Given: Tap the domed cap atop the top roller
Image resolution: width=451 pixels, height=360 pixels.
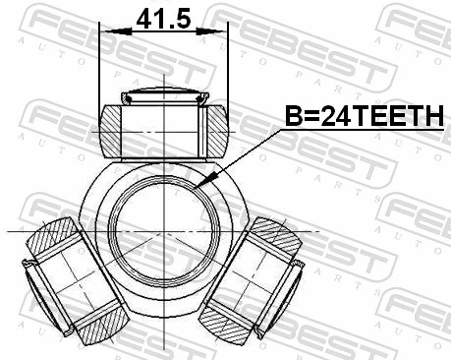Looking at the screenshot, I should [162, 96].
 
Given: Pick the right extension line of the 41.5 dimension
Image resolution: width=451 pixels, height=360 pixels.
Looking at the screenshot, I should [227, 69].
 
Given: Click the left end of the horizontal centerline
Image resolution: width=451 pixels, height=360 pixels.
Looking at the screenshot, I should [12, 230].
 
